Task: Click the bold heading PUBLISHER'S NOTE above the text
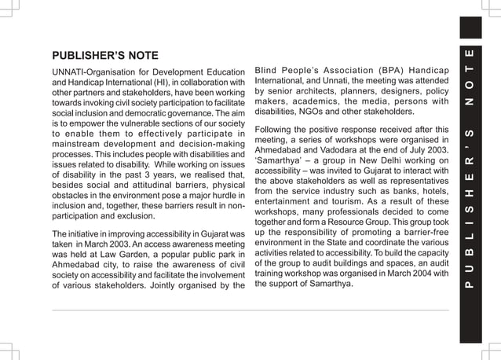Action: tap(104, 56)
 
